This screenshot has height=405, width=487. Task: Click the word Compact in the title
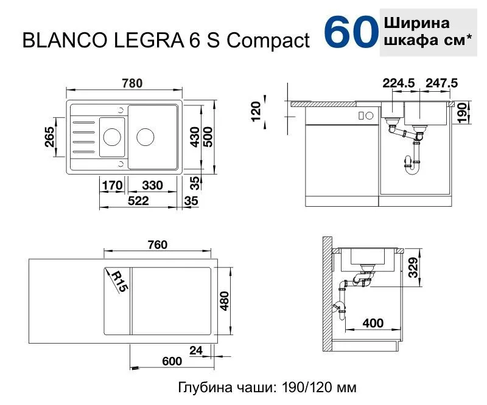[x=268, y=41]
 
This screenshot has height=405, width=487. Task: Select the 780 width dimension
[x=132, y=83]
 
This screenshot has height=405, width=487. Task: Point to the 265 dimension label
[x=50, y=137]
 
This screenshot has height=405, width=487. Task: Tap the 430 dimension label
[x=195, y=137]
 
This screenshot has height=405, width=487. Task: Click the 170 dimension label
[x=112, y=185]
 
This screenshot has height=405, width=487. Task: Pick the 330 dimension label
[x=152, y=185]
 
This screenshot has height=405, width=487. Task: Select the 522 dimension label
[x=138, y=201]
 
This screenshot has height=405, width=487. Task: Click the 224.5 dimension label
[x=399, y=83]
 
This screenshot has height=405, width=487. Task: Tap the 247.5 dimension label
[x=442, y=83]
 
